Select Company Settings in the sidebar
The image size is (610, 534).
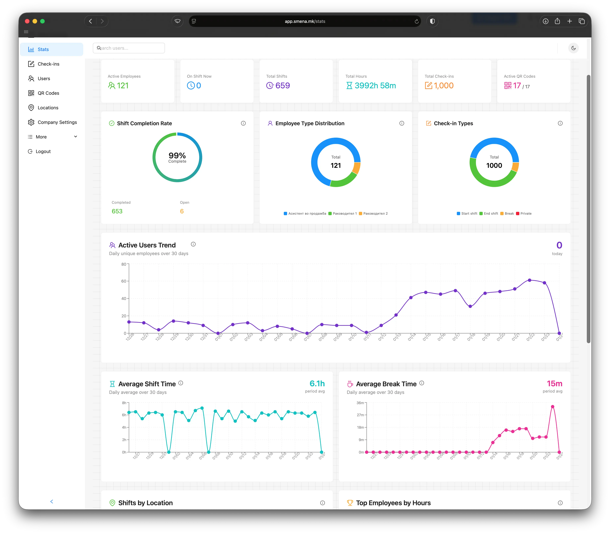tap(57, 122)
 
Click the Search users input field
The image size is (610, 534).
tap(129, 48)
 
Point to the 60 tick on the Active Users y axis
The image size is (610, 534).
tap(124, 281)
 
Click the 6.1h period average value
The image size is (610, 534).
tap(317, 383)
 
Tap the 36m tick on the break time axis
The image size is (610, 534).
tap(360, 403)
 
